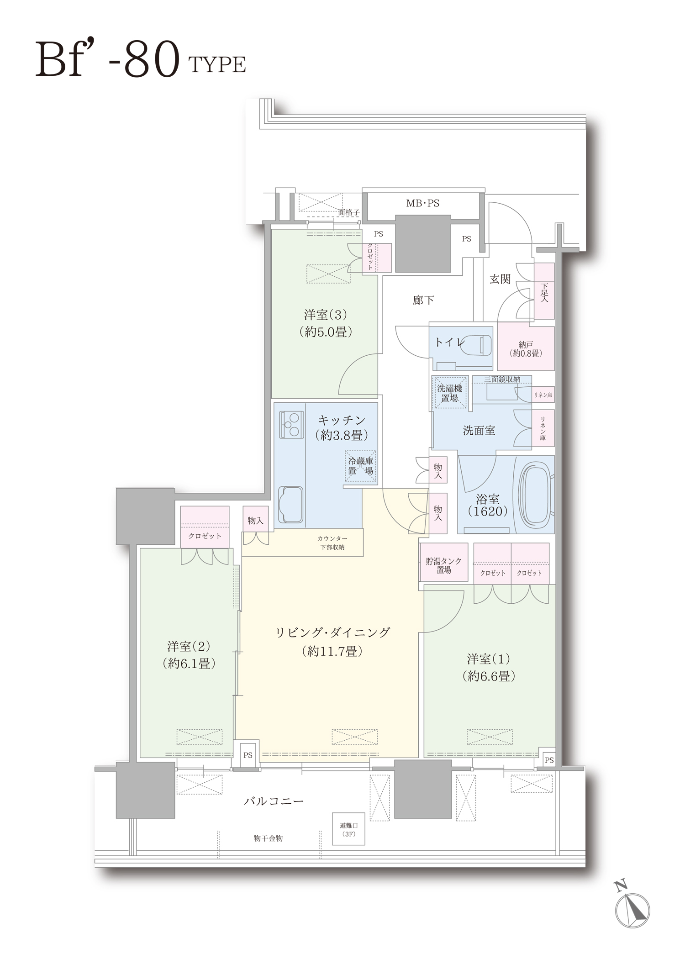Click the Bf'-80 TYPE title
(x=141, y=60)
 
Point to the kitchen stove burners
(x=292, y=425)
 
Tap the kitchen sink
(x=290, y=505)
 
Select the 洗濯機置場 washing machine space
(x=450, y=392)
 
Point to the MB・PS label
(x=423, y=203)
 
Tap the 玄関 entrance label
(x=500, y=279)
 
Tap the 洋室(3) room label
(x=326, y=323)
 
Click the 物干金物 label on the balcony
(x=269, y=838)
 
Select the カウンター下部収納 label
(x=332, y=543)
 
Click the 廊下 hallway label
(x=423, y=300)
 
